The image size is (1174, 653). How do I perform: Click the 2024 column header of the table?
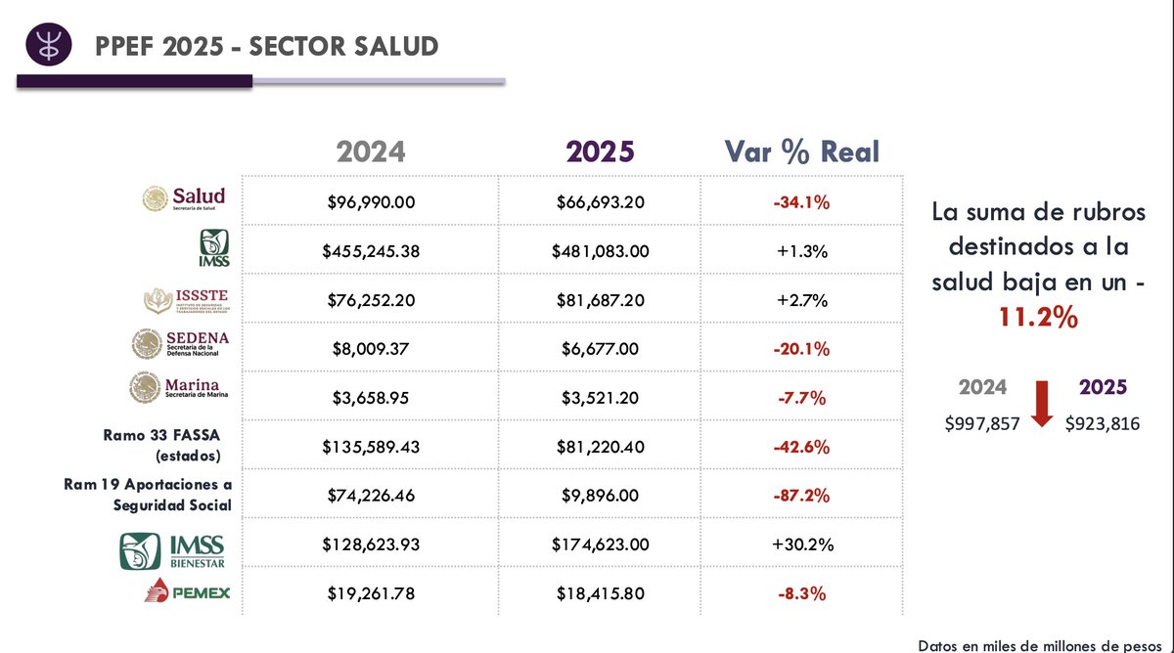tap(371, 152)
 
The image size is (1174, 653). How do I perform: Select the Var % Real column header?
tap(801, 152)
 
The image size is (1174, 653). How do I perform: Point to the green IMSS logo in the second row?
tap(215, 247)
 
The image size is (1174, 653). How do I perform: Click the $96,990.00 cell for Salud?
tap(371, 202)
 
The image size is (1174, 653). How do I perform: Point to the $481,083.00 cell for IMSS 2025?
tap(600, 251)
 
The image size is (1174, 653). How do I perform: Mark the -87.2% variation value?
tap(801, 496)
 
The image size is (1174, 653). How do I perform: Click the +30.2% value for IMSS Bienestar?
tap(801, 544)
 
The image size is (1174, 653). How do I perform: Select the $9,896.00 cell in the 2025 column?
tap(600, 496)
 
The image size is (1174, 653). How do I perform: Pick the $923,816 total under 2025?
tap(1103, 423)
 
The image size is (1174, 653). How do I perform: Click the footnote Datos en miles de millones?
tap(1044, 644)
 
